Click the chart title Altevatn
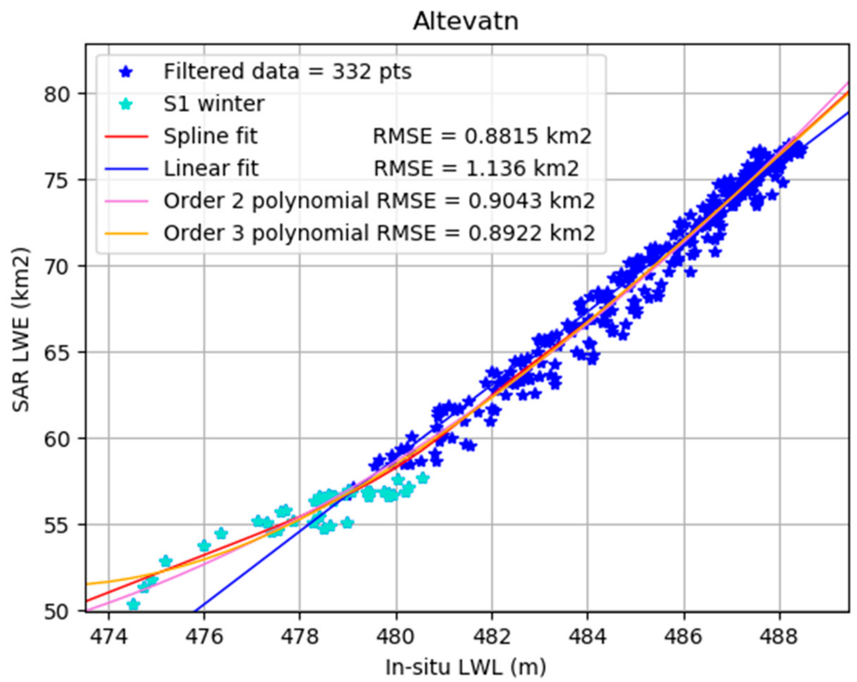click(x=465, y=21)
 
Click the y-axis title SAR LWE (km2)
click(x=21, y=330)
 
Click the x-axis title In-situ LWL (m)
click(x=465, y=667)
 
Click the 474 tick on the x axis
click(x=108, y=637)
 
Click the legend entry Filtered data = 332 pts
click(x=287, y=72)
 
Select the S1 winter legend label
click(x=214, y=104)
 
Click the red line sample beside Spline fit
click(x=126, y=137)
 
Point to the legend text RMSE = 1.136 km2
click(x=476, y=169)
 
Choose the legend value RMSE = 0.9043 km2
click(x=485, y=201)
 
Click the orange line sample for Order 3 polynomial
click(x=126, y=233)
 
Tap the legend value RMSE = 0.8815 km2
click(x=482, y=137)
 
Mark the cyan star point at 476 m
click(x=204, y=545)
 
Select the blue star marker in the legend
click(x=126, y=72)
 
